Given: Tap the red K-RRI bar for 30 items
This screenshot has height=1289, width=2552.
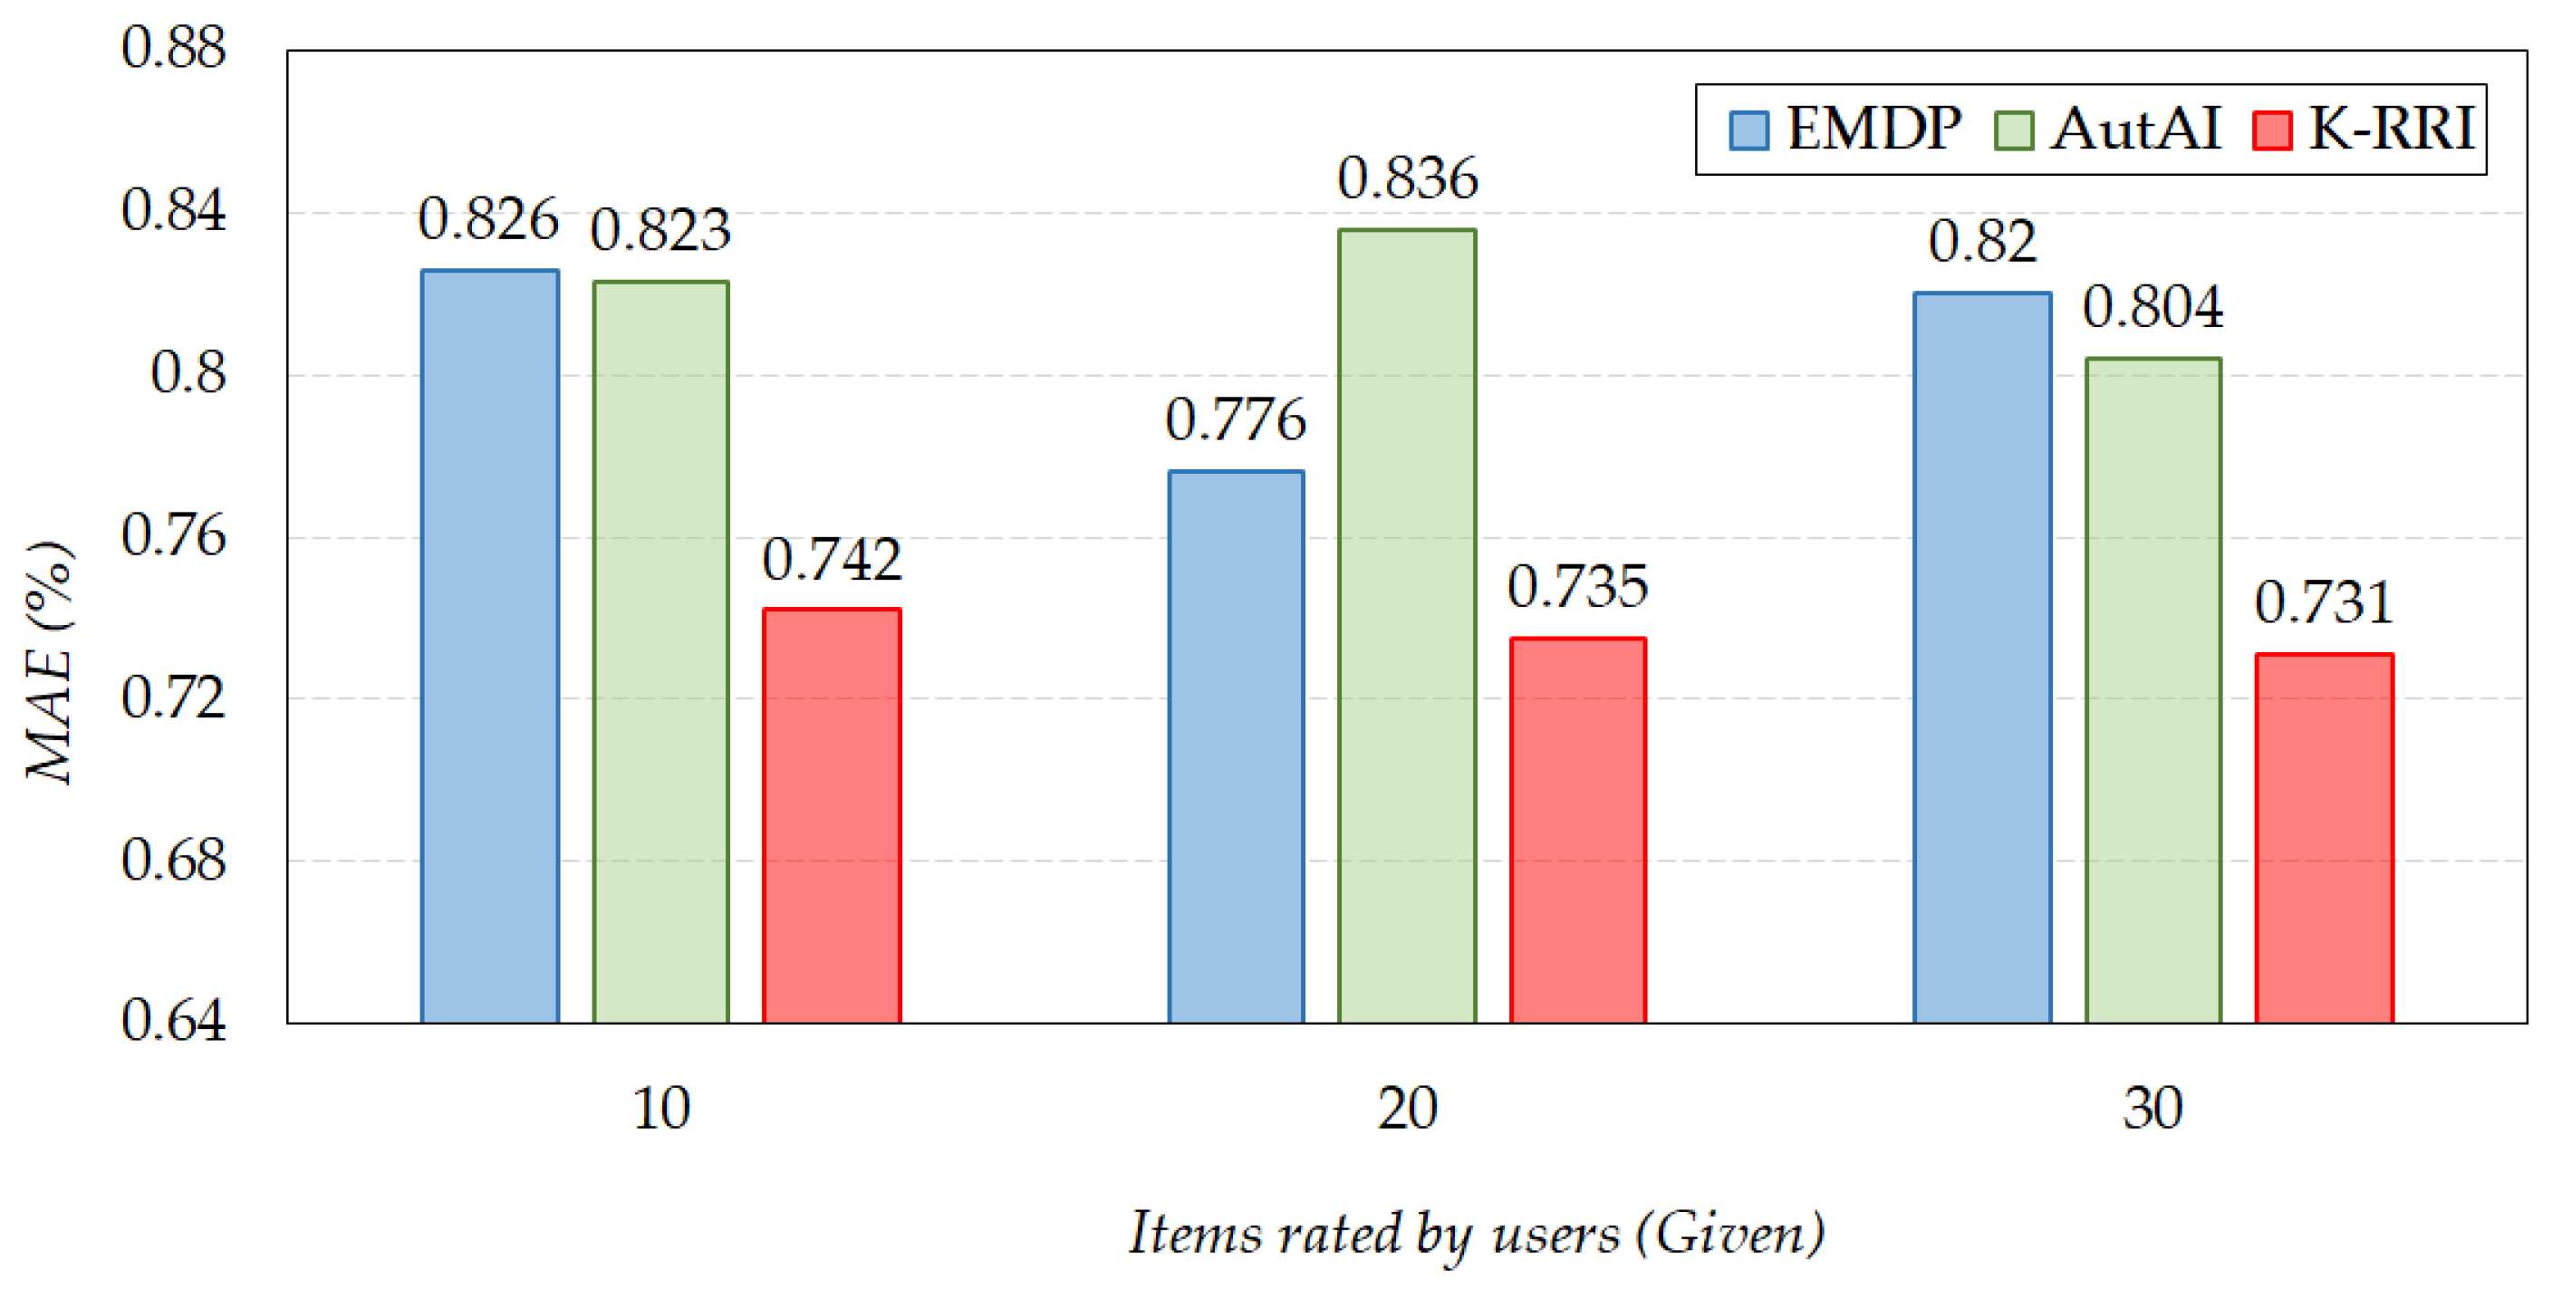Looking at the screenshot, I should pos(2324,838).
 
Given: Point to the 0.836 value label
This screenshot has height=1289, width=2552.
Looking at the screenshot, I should pos(1408,179).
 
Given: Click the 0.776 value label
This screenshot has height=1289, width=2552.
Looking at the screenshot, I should pos(1236,420).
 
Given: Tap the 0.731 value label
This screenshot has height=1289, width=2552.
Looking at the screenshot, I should pos(2324,602).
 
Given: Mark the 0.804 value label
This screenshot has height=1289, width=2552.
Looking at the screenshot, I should pos(2152,307).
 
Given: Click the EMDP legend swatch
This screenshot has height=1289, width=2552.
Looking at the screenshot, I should pos(1748,130).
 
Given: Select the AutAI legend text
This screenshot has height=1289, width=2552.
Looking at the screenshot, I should pos(2135,129).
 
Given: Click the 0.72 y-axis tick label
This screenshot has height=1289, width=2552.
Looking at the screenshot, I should pos(173,698).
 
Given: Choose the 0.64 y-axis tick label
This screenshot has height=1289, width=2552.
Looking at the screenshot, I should pos(173,1022).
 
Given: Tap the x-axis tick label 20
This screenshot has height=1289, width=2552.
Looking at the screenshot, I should pos(1407,1109).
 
